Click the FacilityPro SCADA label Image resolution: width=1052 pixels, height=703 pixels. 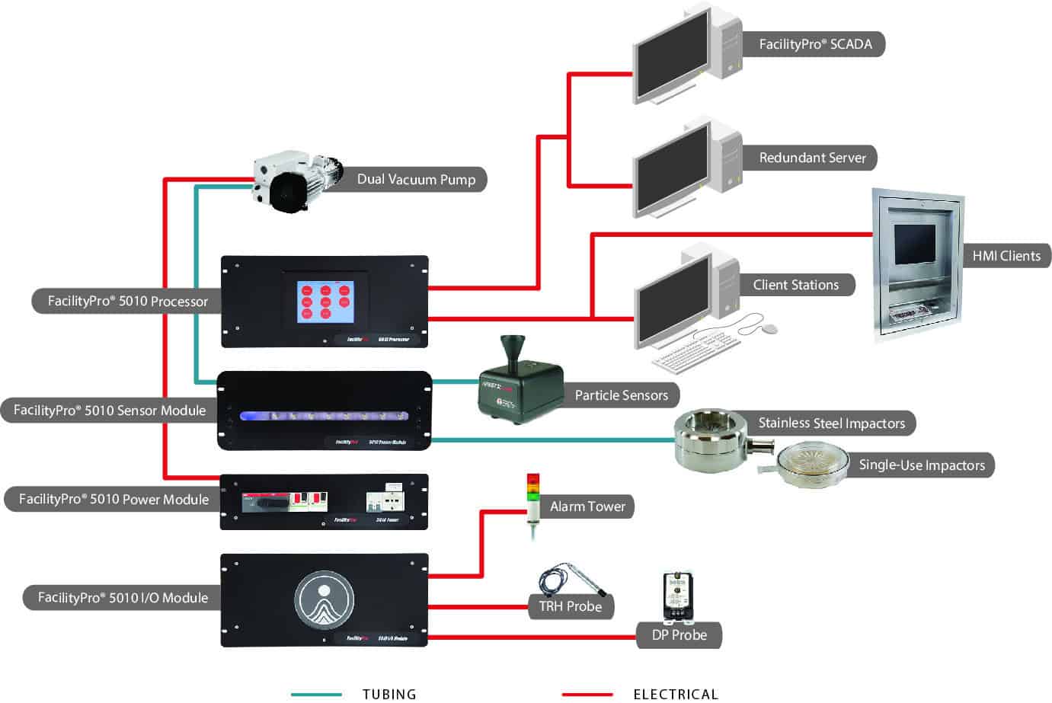pos(814,44)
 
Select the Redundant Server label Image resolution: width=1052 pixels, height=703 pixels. pos(812,158)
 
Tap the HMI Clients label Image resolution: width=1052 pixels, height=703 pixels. pos(1006,256)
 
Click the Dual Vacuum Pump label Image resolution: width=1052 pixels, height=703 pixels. pos(416,179)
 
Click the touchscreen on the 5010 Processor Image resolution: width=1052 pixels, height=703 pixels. pos(326,302)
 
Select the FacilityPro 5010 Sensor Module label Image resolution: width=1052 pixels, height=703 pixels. pos(110,411)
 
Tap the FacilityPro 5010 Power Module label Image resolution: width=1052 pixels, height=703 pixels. pos(114,500)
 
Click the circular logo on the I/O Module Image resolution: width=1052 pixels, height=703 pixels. pos(325,599)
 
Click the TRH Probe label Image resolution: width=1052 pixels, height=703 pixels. pos(570,606)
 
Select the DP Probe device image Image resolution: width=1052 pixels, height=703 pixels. pos(676,596)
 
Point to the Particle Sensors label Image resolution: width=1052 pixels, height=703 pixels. pos(621,395)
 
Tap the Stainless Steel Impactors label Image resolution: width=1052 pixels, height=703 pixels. pos(831,423)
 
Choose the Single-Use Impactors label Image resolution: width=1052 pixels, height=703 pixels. pos(921,465)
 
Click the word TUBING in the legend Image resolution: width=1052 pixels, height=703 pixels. pos(389,694)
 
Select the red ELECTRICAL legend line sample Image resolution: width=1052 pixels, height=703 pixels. pos(587,695)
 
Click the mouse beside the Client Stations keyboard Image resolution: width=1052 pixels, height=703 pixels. pos(769,329)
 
